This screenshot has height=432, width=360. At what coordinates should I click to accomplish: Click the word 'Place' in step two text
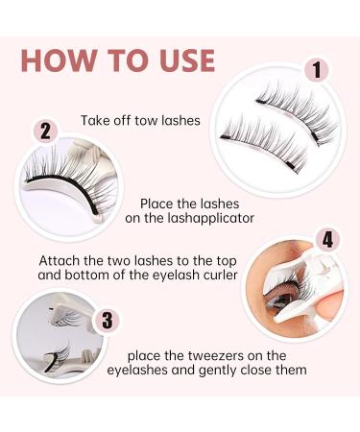[x=159, y=204]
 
